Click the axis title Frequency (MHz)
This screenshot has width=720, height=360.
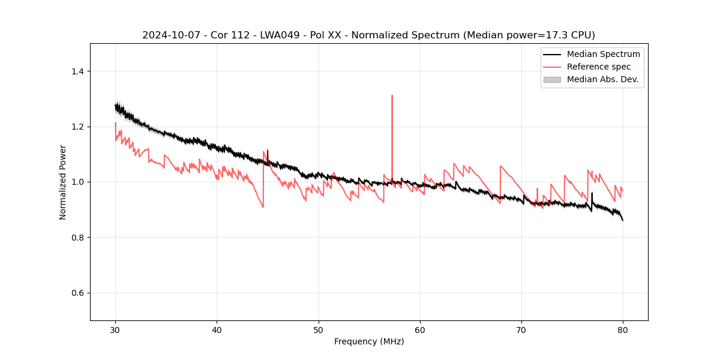[369, 341]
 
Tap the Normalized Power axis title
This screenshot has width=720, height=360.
[63, 182]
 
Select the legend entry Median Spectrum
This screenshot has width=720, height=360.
[603, 54]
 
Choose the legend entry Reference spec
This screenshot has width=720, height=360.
[599, 67]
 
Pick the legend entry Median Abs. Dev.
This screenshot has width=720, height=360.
[602, 79]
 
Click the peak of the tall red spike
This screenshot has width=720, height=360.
[392, 95]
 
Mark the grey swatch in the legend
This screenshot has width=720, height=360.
[552, 79]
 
